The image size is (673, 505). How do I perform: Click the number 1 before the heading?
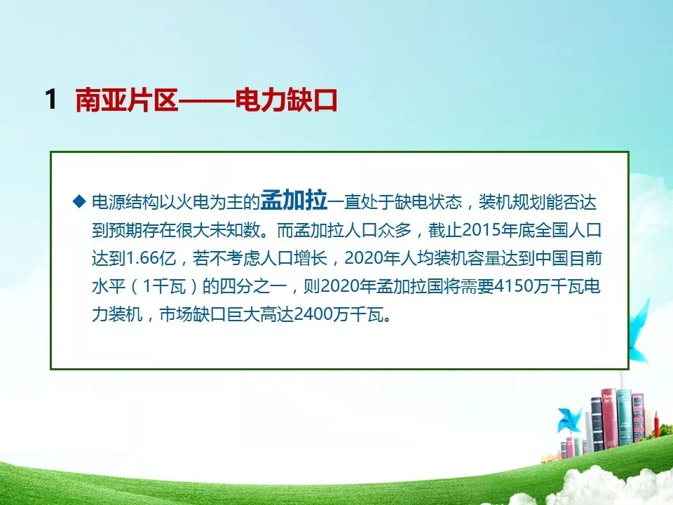(51, 99)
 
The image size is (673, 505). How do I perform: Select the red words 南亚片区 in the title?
(127, 100)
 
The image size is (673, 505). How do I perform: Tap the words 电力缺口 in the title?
(286, 100)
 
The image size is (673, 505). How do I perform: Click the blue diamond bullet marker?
(79, 201)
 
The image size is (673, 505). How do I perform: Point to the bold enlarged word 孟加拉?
(294, 200)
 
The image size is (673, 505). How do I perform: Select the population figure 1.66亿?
(151, 259)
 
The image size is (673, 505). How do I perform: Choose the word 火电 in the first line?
(184, 201)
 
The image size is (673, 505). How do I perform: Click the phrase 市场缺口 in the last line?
(193, 315)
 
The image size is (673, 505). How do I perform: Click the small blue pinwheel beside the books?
(569, 420)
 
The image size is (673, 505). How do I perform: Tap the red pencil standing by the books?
(657, 425)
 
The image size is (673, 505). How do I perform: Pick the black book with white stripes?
(597, 424)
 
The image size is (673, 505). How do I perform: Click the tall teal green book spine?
(624, 417)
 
